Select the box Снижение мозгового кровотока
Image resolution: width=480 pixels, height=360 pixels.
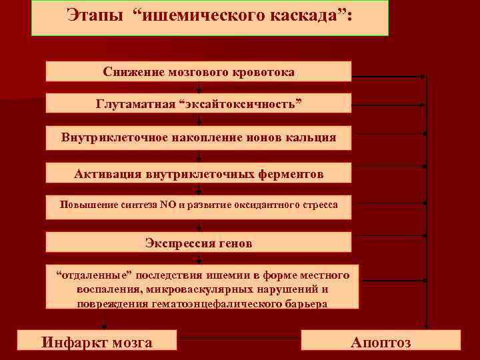[198, 71]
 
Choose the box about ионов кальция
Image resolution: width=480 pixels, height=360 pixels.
[198, 139]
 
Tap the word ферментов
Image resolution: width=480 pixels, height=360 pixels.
[289, 174]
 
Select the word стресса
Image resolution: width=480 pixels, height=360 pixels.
[319, 205]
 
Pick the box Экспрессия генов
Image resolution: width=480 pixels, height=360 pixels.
[198, 243]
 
